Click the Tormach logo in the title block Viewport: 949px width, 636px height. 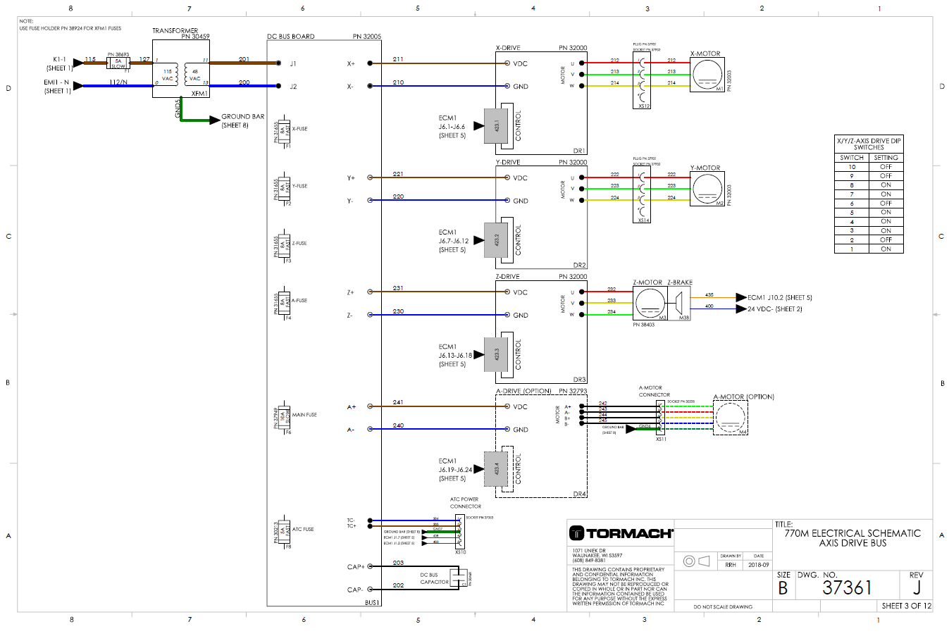pos(621,533)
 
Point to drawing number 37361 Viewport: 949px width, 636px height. pos(847,587)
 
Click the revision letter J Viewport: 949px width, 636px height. pos(916,587)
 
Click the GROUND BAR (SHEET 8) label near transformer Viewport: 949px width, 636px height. pos(242,120)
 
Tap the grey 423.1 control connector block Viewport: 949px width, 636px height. pos(496,126)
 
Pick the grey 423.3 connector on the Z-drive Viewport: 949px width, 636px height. pos(496,355)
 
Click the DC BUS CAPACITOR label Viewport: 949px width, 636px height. pos(434,578)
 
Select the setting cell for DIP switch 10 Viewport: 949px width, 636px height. pos(886,167)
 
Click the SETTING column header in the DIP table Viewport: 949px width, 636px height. pos(886,158)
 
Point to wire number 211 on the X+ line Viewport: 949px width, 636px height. pos(398,60)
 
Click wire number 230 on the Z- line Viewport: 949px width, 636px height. pos(398,311)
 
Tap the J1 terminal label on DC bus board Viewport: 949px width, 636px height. pos(293,63)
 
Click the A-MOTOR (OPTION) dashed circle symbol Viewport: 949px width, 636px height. pos(731,418)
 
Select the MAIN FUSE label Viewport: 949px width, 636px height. pos(304,415)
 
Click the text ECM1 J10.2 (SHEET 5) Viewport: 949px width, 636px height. pos(779,298)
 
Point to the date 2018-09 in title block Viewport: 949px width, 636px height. pos(758,565)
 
